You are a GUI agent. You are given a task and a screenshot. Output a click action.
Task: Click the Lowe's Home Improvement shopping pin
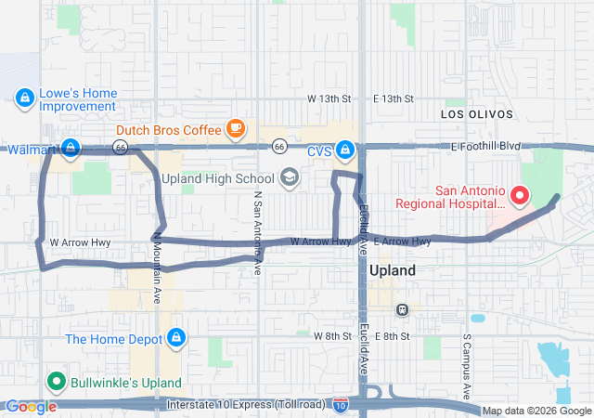24,97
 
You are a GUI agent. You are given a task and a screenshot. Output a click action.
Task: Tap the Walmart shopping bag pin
70,148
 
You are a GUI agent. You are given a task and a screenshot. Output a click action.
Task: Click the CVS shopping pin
345,149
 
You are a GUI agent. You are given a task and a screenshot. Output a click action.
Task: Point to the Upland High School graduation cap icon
290,177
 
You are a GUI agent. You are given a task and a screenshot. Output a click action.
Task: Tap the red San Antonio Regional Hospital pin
519,196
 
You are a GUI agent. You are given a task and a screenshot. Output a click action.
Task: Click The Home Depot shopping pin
175,338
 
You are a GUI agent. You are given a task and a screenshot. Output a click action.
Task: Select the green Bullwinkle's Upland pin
56,382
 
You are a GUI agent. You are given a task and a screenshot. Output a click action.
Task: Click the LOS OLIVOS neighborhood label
477,113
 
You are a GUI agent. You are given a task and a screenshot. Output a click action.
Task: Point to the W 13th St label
331,98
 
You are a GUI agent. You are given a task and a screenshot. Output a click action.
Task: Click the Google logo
31,407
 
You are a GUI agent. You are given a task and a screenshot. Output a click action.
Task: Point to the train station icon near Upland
402,309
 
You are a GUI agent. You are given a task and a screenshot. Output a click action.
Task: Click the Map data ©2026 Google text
536,411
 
